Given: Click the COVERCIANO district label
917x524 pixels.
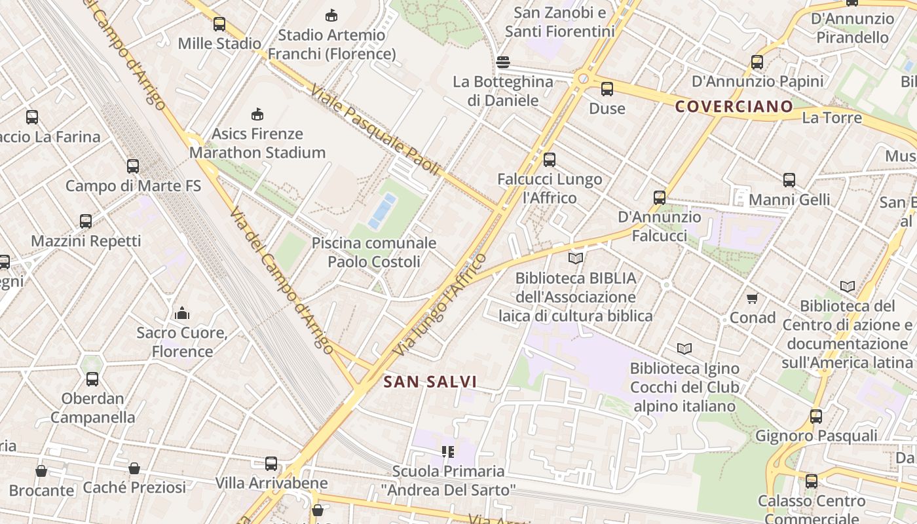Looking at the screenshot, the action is click(734, 106).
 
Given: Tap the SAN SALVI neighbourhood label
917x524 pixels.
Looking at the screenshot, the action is click(430, 381).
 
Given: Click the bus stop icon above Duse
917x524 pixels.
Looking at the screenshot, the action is click(607, 88).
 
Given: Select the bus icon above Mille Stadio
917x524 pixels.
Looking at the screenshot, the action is click(219, 24).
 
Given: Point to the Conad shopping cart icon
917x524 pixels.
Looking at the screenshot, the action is click(752, 298).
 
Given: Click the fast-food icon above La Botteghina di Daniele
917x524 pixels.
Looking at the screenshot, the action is click(503, 62).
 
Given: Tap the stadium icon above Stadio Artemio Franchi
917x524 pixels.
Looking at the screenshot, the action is click(331, 15).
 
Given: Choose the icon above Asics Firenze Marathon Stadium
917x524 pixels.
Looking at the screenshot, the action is click(257, 115).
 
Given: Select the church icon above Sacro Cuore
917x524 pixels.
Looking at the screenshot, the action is click(182, 313).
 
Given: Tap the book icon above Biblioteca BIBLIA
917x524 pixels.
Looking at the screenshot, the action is click(575, 259).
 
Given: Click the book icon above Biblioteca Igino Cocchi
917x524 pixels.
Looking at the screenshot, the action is click(684, 348).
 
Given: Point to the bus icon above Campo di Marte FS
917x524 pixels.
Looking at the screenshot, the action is click(133, 166).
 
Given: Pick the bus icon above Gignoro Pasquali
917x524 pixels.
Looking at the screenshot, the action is click(815, 416).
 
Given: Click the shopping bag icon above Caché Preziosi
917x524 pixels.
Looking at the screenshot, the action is click(134, 468).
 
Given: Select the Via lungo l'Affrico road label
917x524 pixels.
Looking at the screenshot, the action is click(440, 305).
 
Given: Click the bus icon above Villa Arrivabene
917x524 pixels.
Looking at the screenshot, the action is click(271, 464).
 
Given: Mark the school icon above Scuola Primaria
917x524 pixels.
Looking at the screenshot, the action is click(448, 451).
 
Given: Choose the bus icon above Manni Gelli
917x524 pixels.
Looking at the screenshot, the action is click(789, 179).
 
